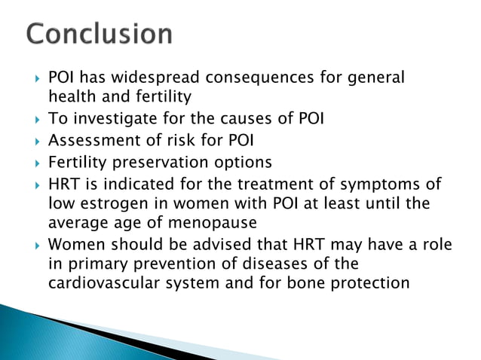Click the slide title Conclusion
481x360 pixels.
(99, 35)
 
